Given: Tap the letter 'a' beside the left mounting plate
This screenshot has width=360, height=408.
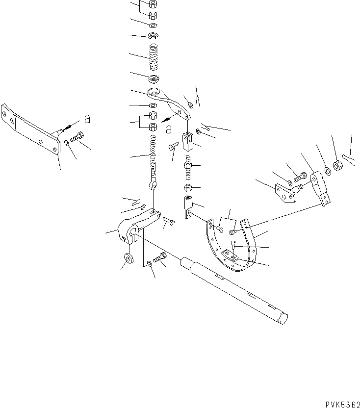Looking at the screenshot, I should [86, 119].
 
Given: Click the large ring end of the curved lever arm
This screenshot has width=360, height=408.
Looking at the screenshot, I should [154, 93].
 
